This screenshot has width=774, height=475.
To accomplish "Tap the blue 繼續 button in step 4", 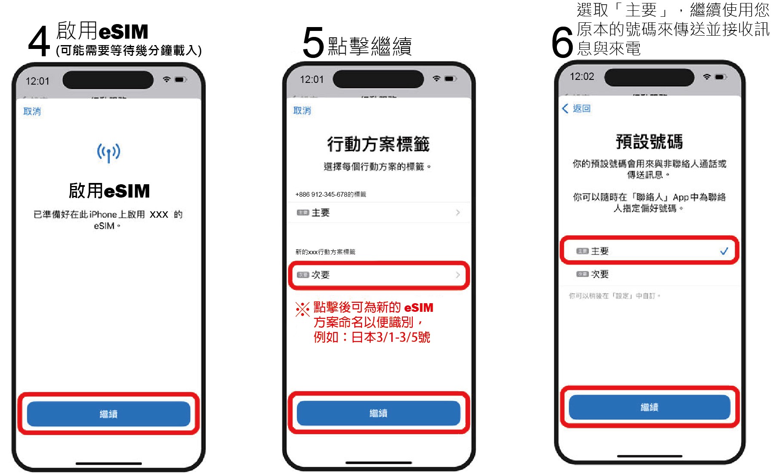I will pyautogui.click(x=108, y=414).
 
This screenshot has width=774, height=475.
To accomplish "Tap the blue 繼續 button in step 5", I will pyautogui.click(x=378, y=413).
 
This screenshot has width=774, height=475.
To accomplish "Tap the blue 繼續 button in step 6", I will pyautogui.click(x=649, y=407).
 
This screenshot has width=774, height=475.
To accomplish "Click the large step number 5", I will pyautogui.click(x=313, y=43).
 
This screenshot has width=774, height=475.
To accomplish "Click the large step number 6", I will pyautogui.click(x=562, y=42).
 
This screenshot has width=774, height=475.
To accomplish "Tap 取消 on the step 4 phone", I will pyautogui.click(x=32, y=111).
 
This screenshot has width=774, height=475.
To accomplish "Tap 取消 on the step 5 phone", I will pyautogui.click(x=302, y=110).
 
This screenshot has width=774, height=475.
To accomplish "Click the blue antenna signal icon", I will pyautogui.click(x=108, y=152).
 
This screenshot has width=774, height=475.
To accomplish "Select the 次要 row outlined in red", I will pyautogui.click(x=378, y=275).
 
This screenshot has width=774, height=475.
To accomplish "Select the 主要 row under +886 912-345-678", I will pyautogui.click(x=378, y=213).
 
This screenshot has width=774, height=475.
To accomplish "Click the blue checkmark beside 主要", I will pyautogui.click(x=724, y=251).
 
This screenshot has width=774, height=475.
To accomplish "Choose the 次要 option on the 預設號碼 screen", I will pyautogui.click(x=599, y=274).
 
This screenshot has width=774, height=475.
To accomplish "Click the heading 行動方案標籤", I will pyautogui.click(x=378, y=144).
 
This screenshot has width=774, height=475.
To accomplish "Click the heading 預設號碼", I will pyautogui.click(x=649, y=142).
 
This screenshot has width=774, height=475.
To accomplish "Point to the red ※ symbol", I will pyautogui.click(x=303, y=309).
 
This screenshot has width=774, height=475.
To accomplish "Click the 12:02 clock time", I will pyautogui.click(x=582, y=76).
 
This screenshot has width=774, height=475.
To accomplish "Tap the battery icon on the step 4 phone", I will pyautogui.click(x=180, y=79).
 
